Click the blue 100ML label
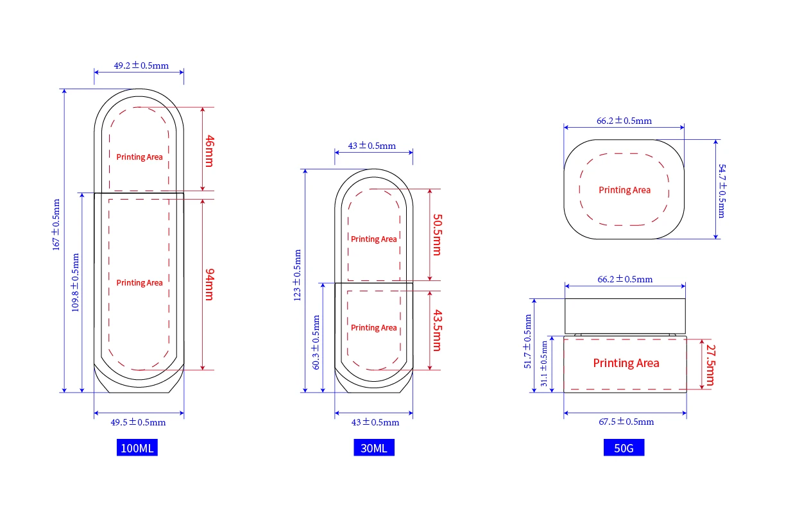pos(137,448)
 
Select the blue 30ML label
pos(373,448)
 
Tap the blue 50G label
pos(624,448)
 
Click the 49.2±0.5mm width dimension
pos(141,65)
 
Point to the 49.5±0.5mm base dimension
pos(138,422)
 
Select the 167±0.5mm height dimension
pos(56,224)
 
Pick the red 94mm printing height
pos(208,284)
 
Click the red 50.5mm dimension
pos(436,234)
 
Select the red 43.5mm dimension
pos(436,330)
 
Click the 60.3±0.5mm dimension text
pos(316,342)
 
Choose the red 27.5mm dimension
pos(709,365)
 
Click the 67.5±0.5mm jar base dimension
pos(626,422)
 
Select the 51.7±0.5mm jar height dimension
pos(528,341)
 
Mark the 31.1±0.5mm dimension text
pos(544,363)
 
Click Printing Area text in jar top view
pos(624,190)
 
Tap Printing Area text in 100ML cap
pos(139,157)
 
